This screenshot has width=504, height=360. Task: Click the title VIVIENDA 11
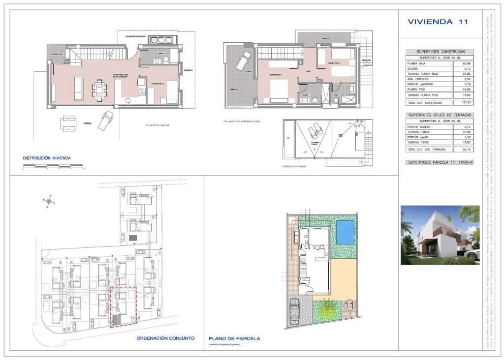(438, 22)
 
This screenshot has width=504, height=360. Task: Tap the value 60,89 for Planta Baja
(462, 63)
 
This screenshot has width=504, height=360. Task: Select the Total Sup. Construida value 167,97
(462, 103)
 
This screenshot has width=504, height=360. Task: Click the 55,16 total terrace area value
(462, 149)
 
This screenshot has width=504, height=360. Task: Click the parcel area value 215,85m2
(465, 162)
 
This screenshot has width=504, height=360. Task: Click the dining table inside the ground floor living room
(101, 90)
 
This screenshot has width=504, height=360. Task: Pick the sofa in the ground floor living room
(79, 87)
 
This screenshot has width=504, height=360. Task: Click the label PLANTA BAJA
(157, 126)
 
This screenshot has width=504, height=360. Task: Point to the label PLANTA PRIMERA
(241, 121)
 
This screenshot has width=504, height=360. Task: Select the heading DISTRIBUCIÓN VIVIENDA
(47, 158)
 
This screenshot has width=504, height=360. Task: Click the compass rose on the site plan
(48, 201)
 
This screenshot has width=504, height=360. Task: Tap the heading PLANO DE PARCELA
(234, 338)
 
